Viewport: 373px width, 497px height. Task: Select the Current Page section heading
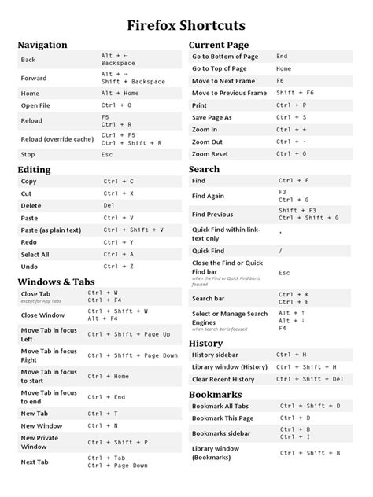point(219,45)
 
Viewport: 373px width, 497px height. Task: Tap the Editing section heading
point(34,169)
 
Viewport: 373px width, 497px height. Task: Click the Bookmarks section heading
point(215,394)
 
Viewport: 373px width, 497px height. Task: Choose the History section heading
point(206,343)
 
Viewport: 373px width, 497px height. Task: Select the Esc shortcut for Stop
point(107,155)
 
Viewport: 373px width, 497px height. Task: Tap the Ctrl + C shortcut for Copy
point(118,181)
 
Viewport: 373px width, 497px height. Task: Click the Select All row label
point(35,255)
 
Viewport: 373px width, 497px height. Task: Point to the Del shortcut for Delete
point(109,205)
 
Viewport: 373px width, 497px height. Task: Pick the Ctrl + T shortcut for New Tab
point(103,414)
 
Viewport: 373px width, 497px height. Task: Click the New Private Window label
point(39,442)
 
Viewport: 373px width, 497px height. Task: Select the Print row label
point(199,105)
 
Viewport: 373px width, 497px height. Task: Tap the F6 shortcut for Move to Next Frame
point(280,80)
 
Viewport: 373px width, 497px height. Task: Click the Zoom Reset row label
point(210,154)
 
